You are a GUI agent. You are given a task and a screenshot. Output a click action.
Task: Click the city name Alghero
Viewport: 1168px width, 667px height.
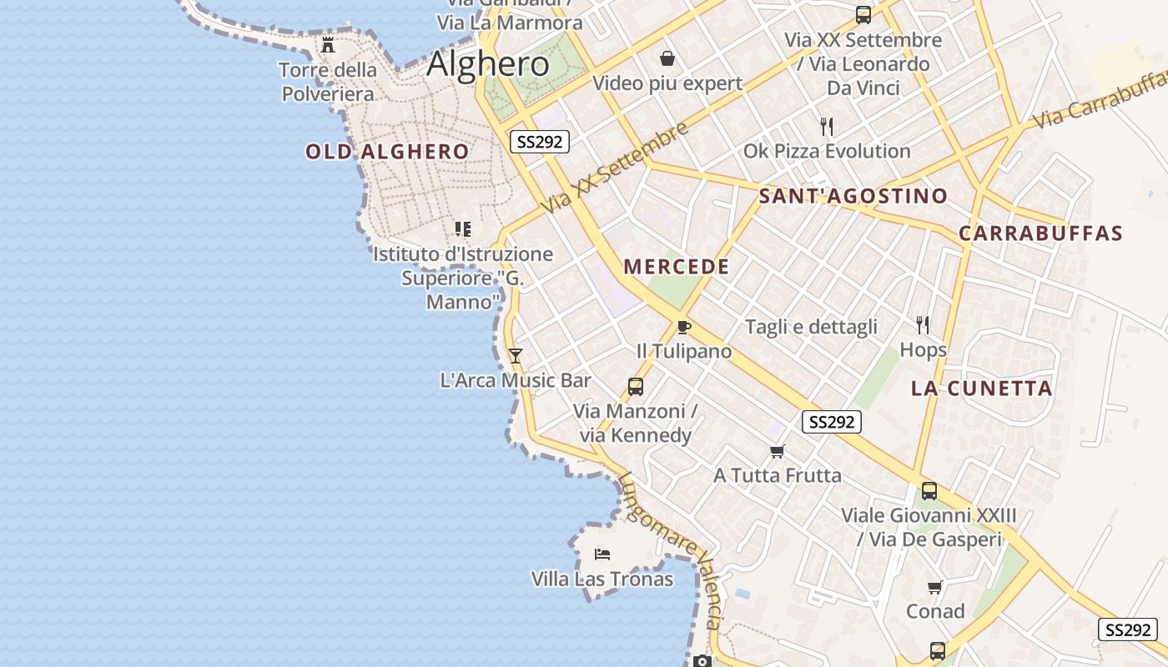coord(488,64)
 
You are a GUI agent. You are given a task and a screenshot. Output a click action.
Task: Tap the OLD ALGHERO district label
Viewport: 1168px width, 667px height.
coord(387,152)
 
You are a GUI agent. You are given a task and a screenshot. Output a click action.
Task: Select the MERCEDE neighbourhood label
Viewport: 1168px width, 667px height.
coord(677,267)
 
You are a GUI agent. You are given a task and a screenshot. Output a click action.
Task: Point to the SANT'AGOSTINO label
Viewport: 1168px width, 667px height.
coord(853,197)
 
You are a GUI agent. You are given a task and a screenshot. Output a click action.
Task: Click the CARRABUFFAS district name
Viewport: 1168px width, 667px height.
coord(1040,233)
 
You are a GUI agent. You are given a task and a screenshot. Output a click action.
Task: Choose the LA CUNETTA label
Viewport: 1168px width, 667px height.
coord(981,389)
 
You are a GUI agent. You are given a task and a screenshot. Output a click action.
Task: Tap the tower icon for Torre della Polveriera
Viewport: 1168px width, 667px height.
coord(328,45)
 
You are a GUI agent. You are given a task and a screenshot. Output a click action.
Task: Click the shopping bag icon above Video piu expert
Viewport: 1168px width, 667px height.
coord(667,58)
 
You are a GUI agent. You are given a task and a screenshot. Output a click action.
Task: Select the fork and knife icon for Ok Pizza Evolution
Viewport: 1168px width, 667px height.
coord(827,127)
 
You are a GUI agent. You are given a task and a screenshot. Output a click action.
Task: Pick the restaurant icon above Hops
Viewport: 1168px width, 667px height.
coord(923,324)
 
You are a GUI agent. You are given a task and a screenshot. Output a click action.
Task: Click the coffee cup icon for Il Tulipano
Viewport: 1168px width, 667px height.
coord(684,327)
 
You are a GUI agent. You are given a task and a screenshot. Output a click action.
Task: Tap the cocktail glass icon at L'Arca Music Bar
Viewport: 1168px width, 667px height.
coord(516,356)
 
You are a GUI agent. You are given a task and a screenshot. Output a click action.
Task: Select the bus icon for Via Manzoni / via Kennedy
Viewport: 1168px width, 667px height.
coord(636,387)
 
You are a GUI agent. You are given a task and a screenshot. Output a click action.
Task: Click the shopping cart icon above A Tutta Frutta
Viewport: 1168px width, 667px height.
coord(778,451)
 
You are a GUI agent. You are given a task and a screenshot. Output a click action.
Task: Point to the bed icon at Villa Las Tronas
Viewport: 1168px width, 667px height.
coord(602,554)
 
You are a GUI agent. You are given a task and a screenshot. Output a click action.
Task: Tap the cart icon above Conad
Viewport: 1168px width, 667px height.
coord(935,587)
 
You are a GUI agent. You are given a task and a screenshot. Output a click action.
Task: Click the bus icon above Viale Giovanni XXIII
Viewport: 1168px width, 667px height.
coord(929,491)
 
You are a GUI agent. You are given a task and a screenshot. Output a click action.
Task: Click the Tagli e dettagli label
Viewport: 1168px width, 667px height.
coord(811,327)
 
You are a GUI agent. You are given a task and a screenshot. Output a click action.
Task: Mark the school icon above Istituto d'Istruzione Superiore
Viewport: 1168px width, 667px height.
coord(463,228)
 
